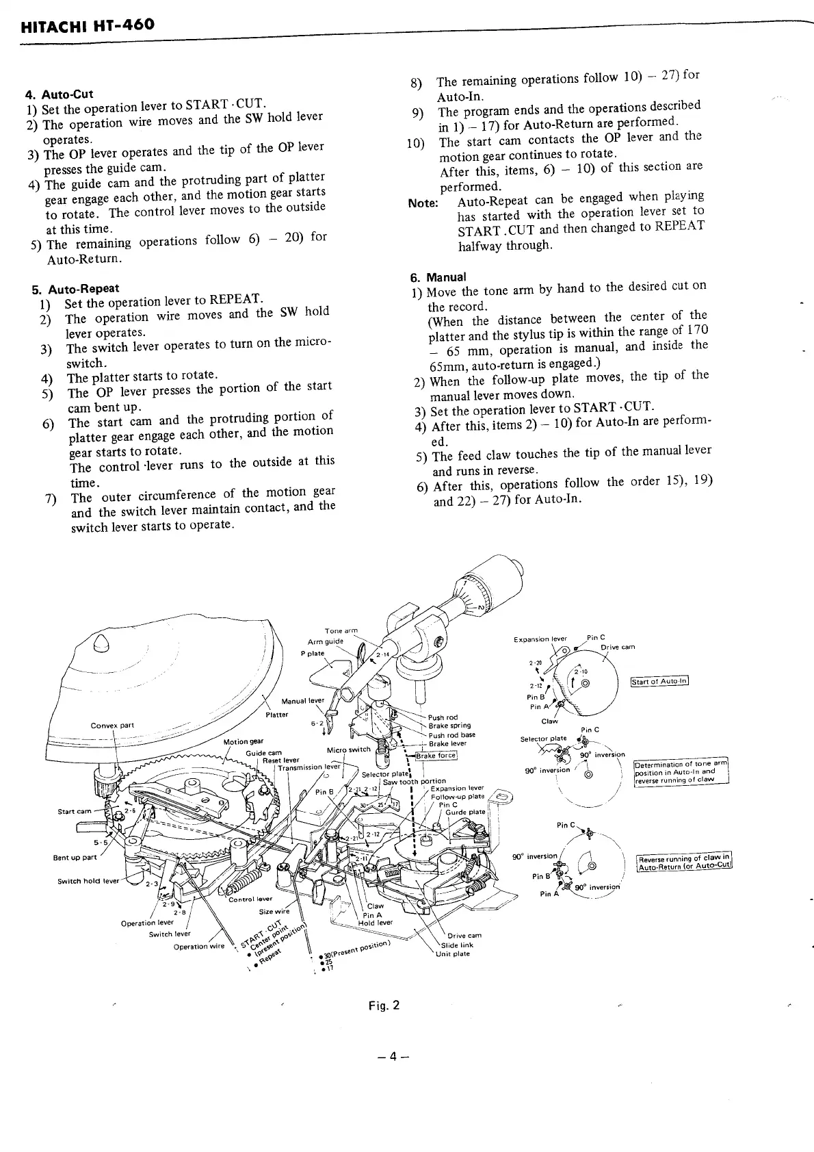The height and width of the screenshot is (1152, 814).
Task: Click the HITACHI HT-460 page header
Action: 88,26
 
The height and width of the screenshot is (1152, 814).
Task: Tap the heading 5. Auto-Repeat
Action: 75,289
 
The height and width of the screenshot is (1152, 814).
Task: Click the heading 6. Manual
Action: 438,277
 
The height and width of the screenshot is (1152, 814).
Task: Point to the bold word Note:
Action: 423,203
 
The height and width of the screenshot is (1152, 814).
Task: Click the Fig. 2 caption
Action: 384,1006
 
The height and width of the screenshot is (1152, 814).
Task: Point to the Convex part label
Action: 112,726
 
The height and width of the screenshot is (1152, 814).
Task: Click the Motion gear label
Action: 243,741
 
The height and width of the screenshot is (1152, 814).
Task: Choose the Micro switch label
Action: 348,750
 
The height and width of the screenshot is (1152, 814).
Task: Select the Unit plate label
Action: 453,953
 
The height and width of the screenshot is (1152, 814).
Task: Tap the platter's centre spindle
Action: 101,643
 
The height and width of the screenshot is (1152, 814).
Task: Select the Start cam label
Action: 74,811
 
